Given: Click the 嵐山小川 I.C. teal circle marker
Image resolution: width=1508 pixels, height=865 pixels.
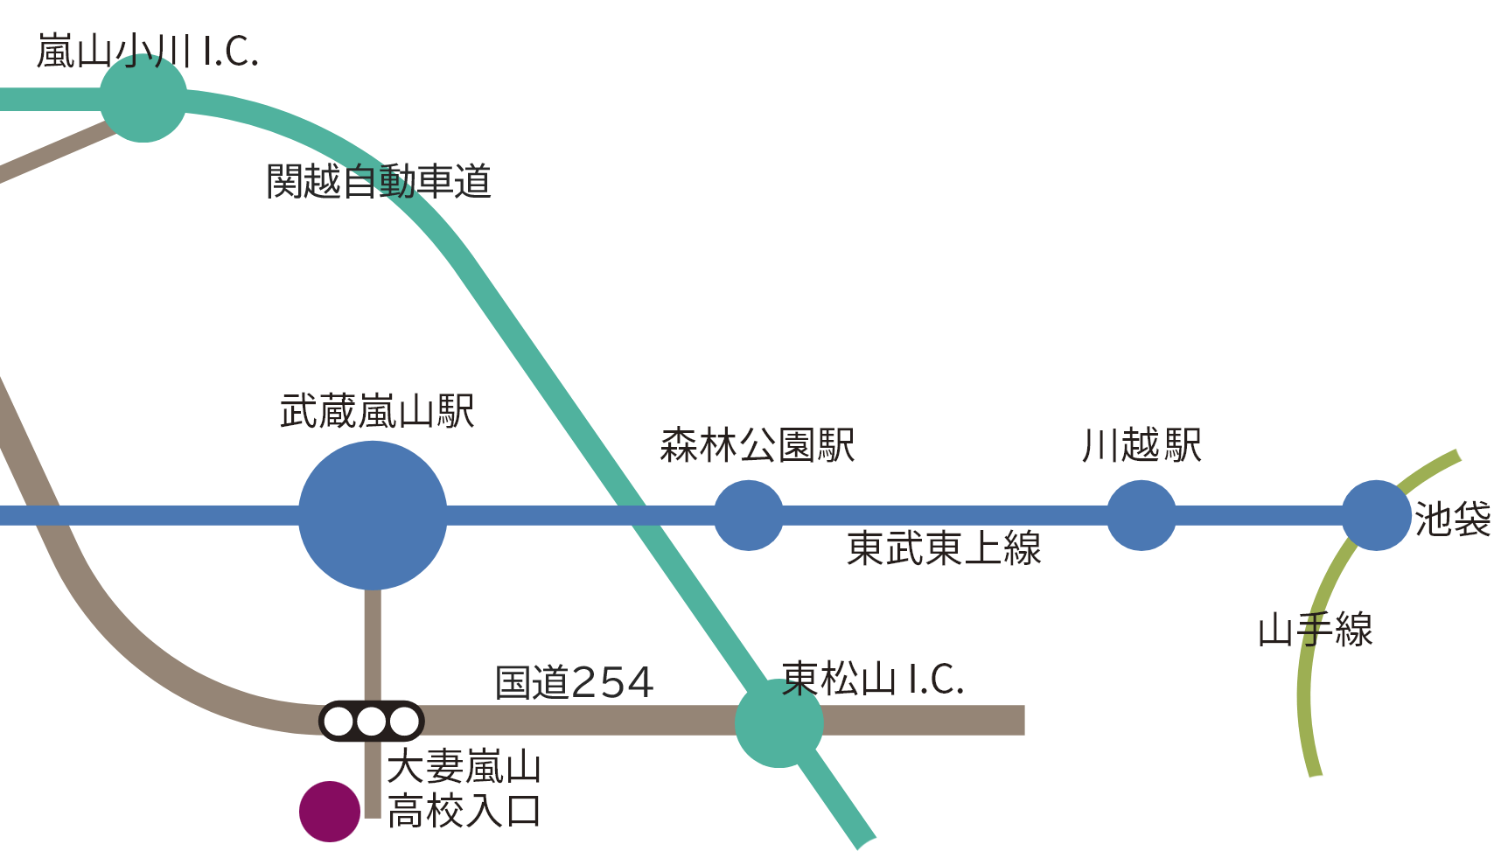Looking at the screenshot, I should click(143, 99).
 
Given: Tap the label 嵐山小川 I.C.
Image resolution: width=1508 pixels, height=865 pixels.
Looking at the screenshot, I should click(147, 52).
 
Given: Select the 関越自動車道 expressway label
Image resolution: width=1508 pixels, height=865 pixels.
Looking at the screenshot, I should click(378, 182).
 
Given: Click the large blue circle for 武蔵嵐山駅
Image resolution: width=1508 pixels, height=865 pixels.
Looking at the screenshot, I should click(373, 515).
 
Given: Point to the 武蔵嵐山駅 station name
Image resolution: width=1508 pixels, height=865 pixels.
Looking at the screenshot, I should click(377, 411).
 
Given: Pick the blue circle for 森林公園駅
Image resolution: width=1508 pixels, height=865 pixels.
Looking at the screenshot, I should click(749, 515).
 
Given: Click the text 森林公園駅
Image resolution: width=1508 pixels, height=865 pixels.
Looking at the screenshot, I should click(757, 445).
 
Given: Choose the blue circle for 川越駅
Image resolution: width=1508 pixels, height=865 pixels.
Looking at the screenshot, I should click(1141, 515).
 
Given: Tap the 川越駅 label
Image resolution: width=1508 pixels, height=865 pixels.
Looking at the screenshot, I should click(1141, 445).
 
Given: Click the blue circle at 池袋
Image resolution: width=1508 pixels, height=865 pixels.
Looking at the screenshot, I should click(1376, 515).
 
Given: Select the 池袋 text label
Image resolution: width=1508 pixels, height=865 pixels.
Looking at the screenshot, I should click(1452, 520).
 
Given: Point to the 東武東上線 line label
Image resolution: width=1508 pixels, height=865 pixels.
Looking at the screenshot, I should click(944, 549).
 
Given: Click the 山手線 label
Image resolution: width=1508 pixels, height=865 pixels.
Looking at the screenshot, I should click(1315, 631).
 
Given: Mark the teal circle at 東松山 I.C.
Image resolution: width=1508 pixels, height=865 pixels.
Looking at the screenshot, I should click(778, 723).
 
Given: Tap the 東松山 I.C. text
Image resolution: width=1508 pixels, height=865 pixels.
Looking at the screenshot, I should click(872, 680).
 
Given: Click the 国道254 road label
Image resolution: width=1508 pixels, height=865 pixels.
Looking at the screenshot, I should click(574, 683).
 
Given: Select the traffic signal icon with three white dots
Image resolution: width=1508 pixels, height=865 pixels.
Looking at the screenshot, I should click(371, 722).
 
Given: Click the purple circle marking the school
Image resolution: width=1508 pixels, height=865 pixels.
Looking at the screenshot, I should click(330, 812).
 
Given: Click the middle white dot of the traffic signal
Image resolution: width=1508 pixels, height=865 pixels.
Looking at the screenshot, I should click(371, 722).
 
